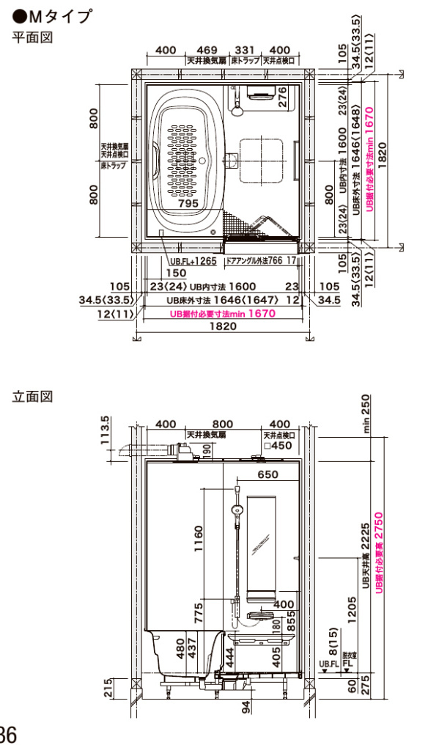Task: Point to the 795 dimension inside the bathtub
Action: (188, 202)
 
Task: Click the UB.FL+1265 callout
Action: (194, 260)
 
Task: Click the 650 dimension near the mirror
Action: (268, 474)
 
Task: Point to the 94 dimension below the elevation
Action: (247, 707)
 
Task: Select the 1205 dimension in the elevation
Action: (351, 608)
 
